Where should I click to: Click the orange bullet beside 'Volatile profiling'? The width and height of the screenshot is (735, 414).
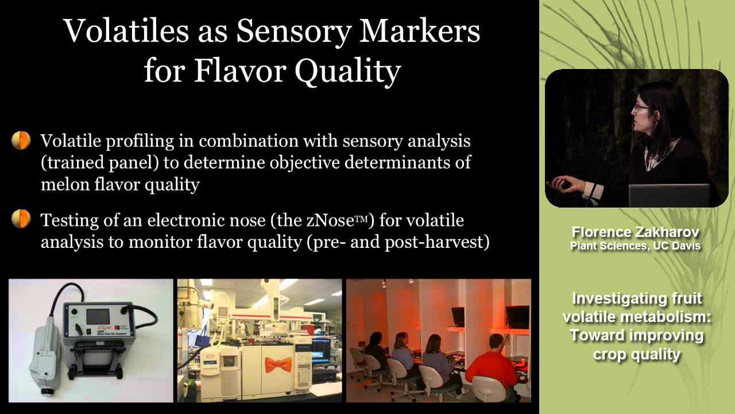pyautogui.click(x=21, y=140)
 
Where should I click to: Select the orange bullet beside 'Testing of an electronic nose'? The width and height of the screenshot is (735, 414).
pyautogui.click(x=21, y=219)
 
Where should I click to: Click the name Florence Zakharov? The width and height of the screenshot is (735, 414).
pyautogui.click(x=635, y=233)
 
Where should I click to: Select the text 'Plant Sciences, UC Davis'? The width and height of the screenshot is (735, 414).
pyautogui.click(x=635, y=246)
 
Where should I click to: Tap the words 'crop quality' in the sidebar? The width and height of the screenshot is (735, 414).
pyautogui.click(x=636, y=354)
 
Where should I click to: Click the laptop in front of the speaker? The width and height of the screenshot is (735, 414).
pyautogui.click(x=669, y=195)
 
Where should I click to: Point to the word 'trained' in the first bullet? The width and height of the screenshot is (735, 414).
pyautogui.click(x=77, y=162)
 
